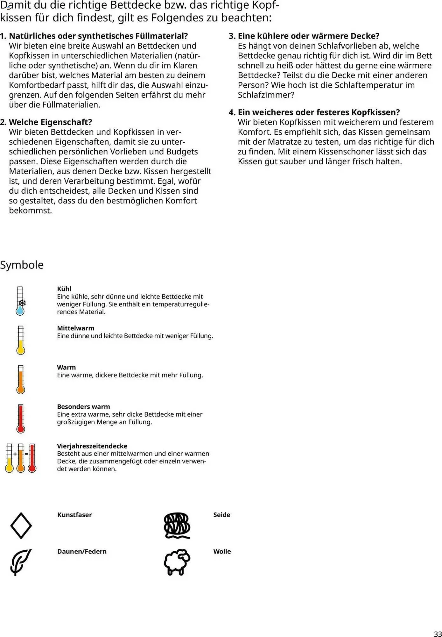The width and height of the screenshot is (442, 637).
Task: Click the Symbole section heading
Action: [x=22, y=265]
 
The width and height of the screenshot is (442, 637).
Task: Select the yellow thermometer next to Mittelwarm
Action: [x=21, y=340]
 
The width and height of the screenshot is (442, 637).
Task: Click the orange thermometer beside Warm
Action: [x=21, y=379]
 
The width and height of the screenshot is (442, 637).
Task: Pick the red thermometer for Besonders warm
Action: [x=21, y=419]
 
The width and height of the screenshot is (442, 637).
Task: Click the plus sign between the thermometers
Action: [x=15, y=454]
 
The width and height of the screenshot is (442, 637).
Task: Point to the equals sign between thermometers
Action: [x=26, y=454]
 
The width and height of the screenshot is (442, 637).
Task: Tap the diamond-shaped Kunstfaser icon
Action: [x=21, y=526]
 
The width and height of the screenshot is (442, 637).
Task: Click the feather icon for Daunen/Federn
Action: [x=21, y=562]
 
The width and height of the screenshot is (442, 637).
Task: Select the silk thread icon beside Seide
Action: [x=177, y=526]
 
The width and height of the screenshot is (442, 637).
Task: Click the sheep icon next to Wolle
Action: [x=177, y=562]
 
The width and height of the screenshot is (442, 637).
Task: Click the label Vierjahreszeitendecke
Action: [x=92, y=446]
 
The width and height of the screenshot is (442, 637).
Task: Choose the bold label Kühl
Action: [x=64, y=289]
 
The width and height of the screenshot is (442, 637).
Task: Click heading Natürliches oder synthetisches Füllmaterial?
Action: [x=98, y=36]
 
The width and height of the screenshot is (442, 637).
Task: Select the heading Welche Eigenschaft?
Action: [x=50, y=122]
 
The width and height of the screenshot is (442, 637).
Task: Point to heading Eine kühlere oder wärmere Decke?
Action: [x=308, y=36]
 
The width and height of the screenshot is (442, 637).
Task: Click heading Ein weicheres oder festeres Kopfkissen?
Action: [x=319, y=112]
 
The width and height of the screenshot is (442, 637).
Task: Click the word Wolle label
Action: [x=222, y=551]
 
